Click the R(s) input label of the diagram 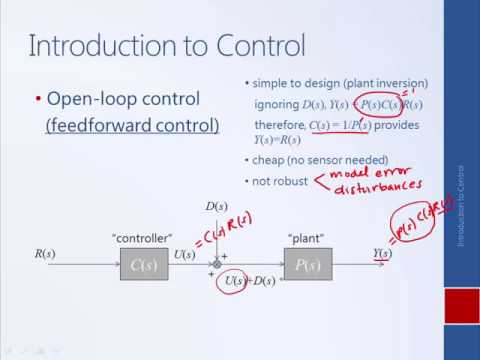(45, 255)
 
